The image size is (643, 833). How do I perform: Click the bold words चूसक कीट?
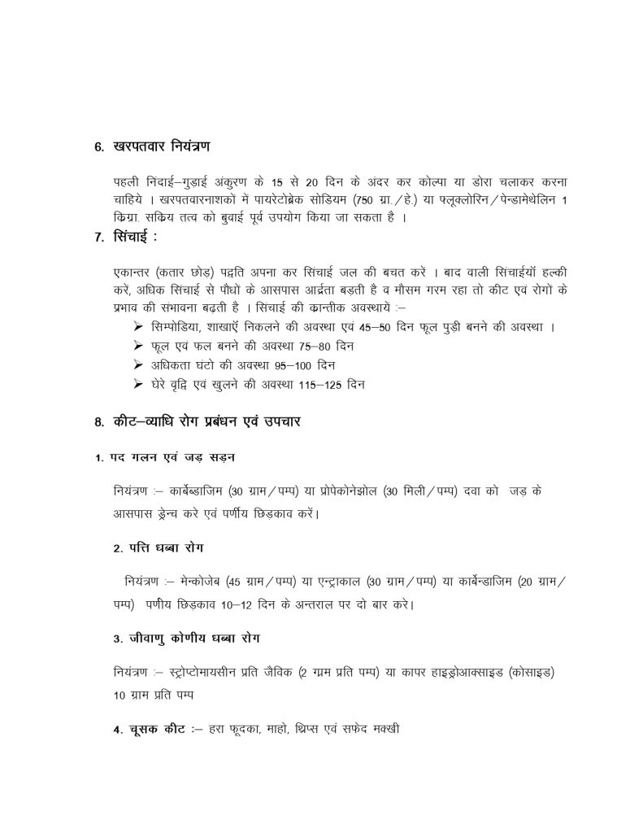[x=146, y=730]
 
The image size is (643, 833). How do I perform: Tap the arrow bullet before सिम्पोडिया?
[x=137, y=325]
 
